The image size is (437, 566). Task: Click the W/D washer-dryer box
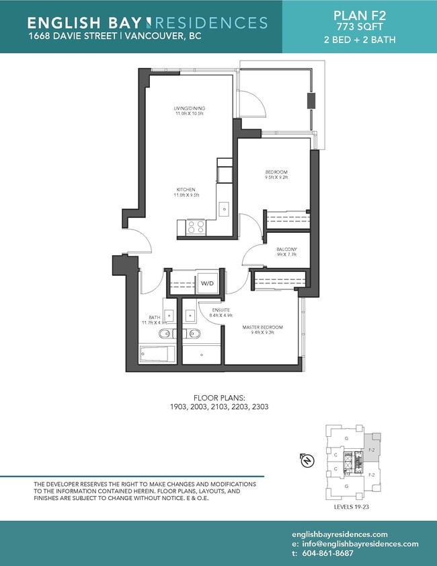coord(207,284)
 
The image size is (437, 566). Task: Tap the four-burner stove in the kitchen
coord(196,227)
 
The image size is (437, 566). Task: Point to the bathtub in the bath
coord(157,354)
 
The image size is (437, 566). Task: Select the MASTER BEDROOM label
coord(262,328)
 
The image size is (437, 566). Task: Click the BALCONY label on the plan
coord(286,250)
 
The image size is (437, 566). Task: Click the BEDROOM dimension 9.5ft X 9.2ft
coord(276,178)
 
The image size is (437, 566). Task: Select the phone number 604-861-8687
coord(334,553)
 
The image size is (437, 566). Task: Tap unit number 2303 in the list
coord(257,407)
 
